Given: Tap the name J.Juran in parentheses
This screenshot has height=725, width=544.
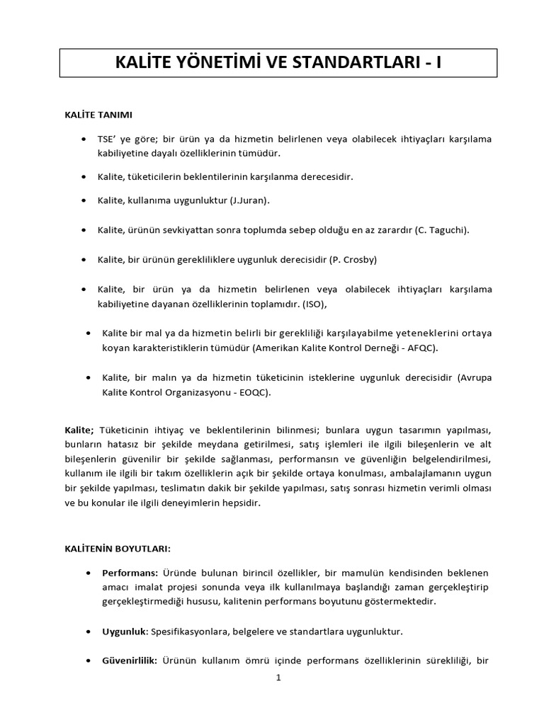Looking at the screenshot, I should click(249, 200).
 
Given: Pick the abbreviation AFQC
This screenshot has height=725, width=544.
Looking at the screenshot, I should click(430, 348).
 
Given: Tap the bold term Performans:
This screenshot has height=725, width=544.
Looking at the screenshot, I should click(130, 572).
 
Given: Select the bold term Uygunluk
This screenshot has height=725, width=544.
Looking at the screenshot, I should click(124, 631).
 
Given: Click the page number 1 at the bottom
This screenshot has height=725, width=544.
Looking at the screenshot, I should click(278, 678).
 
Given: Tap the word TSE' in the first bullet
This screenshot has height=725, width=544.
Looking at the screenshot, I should click(110, 138).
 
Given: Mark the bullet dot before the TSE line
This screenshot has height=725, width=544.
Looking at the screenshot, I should click(85, 138).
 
